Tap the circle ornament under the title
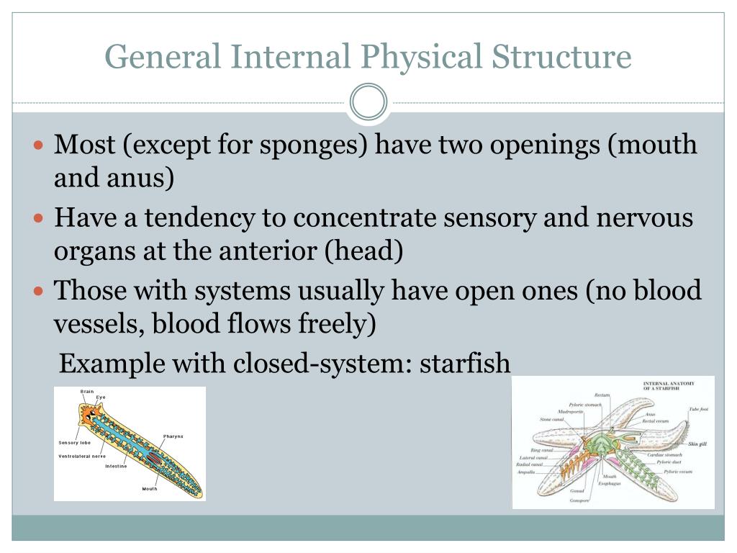[368, 102]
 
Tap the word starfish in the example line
[465, 364]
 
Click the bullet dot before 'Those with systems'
[40, 292]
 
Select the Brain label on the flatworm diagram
[87, 392]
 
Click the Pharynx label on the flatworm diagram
[173, 437]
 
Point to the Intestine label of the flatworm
[116, 467]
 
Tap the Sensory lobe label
[74, 442]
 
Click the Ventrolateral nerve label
[81, 457]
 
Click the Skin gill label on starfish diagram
[697, 444]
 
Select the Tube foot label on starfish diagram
[697, 409]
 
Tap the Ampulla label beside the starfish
[526, 472]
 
